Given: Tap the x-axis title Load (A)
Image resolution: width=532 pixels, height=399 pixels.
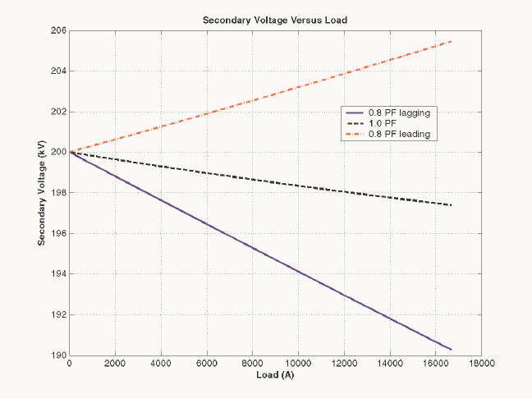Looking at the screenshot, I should [275, 375].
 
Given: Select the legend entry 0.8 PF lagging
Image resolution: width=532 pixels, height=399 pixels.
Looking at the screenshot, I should [399, 112].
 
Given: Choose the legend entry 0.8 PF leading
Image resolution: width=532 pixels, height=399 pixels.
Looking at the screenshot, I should [399, 133].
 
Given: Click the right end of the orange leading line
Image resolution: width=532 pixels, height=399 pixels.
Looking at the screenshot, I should [451, 41].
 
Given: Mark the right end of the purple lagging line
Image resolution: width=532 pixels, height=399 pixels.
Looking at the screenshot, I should [451, 350].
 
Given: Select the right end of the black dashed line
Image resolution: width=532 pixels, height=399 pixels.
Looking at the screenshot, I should [451, 205].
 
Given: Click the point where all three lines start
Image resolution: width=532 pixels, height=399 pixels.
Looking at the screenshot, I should [71, 152].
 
